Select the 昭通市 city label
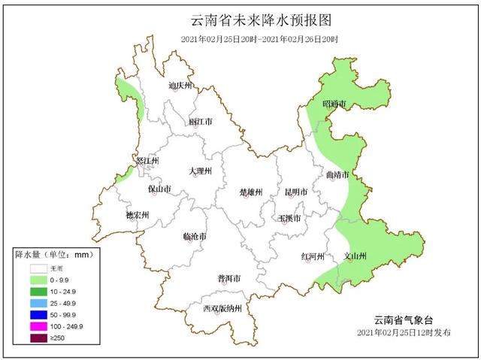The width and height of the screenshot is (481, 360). pyautogui.click(x=334, y=103)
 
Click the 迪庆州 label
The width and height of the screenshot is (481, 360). pyautogui.click(x=180, y=86)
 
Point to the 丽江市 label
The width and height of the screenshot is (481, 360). pyautogui.click(x=201, y=121)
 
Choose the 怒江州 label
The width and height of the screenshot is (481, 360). pyautogui.click(x=147, y=161)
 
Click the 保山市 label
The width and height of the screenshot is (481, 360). pyautogui.click(x=159, y=189)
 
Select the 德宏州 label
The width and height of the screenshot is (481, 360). pyautogui.click(x=138, y=216)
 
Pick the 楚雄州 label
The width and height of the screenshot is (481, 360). pyautogui.click(x=250, y=192)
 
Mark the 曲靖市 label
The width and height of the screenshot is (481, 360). pyautogui.click(x=336, y=175)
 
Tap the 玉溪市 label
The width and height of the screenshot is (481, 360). pyautogui.click(x=290, y=219)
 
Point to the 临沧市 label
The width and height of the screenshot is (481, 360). pyautogui.click(x=194, y=237)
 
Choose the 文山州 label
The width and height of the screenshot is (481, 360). pyautogui.click(x=354, y=256)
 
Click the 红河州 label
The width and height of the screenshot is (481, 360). pyautogui.click(x=312, y=256)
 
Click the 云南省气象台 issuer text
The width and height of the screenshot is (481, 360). pyautogui.click(x=405, y=319)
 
